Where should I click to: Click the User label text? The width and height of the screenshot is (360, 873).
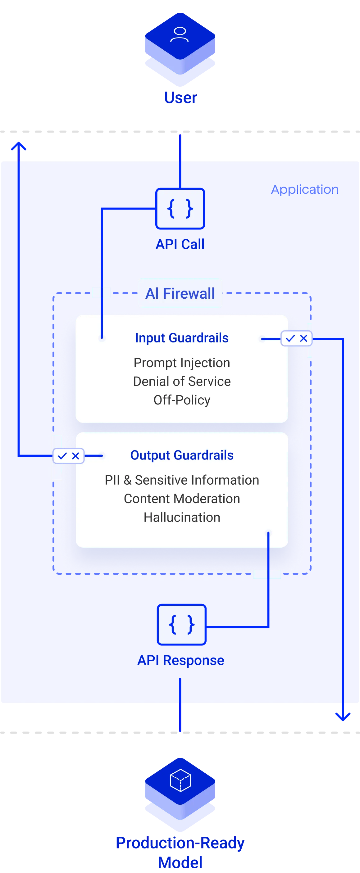click(181, 97)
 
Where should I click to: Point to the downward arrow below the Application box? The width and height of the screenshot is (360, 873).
click(342, 712)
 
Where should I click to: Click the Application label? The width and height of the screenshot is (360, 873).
click(305, 189)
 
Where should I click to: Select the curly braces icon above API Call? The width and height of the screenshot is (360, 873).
click(180, 208)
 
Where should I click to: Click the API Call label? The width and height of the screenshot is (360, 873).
click(180, 244)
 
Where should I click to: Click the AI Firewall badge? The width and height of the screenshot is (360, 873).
click(180, 293)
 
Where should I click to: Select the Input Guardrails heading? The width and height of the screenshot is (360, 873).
click(182, 338)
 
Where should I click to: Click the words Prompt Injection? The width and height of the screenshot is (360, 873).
click(182, 363)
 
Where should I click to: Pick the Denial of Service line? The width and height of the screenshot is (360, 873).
click(182, 381)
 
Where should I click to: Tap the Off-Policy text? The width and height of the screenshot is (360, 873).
click(182, 400)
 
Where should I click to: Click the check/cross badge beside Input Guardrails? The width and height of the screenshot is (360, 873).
click(296, 338)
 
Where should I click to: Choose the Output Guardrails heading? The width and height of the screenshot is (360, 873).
click(182, 455)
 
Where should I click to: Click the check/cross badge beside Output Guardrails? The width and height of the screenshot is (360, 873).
click(68, 456)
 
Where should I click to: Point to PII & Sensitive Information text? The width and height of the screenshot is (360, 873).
click(182, 480)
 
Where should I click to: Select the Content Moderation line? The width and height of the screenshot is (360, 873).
click(182, 499)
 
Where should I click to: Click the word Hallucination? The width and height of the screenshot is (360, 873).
click(182, 517)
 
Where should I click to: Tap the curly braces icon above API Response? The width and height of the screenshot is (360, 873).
click(182, 624)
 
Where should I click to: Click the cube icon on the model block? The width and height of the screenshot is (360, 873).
click(180, 780)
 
